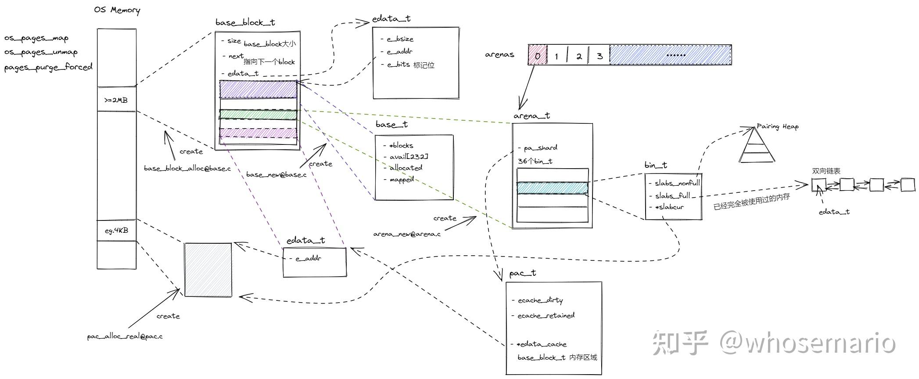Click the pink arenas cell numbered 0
[x=538, y=55]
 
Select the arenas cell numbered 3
[x=599, y=55]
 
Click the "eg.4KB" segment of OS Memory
[x=116, y=231]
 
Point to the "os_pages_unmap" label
[x=41, y=52]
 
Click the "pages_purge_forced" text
[x=48, y=67]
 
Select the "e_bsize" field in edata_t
[x=400, y=39]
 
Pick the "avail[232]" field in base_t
[x=409, y=157]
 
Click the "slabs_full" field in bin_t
[x=672, y=195]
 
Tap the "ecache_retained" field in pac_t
[x=546, y=315]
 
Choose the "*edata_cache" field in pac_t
[x=542, y=344]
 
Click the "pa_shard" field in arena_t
[x=540, y=148]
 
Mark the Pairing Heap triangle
[x=757, y=145]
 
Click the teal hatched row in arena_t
[x=553, y=188]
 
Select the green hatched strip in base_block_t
[x=258, y=114]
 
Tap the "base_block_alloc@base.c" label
[x=187, y=168]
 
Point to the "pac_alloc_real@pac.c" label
[x=125, y=336]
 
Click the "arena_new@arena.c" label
[x=407, y=234]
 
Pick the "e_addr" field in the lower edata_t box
[x=308, y=258]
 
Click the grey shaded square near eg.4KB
[x=208, y=270]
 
